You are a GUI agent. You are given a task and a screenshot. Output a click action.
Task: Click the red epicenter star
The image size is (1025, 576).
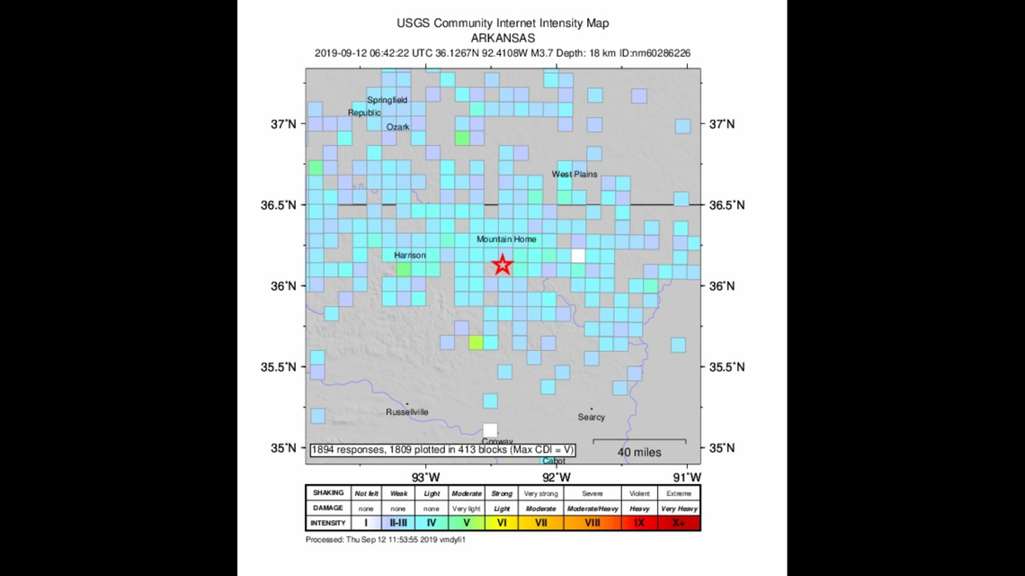tap(503, 265)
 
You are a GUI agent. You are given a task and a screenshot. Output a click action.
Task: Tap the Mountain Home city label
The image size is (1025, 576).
tap(506, 239)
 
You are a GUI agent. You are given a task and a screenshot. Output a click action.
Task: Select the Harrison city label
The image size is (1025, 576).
tap(410, 256)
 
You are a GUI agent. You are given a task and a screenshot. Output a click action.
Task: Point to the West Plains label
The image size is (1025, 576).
tap(575, 175)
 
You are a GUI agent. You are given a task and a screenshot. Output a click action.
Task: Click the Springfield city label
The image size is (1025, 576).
tap(388, 100)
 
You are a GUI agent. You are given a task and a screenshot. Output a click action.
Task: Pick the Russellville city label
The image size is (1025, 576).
tap(407, 412)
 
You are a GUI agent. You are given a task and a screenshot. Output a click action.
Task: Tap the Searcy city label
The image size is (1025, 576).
tap(592, 417)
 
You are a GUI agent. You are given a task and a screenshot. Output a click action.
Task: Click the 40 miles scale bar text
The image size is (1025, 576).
tap(640, 452)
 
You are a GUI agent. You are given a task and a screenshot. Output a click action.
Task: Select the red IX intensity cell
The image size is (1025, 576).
tap(639, 523)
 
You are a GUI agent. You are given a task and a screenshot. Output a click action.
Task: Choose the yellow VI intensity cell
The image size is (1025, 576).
tap(502, 523)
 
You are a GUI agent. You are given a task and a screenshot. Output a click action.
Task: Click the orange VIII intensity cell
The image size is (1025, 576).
tap(593, 523)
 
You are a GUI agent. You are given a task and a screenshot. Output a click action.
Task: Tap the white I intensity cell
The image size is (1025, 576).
tap(367, 523)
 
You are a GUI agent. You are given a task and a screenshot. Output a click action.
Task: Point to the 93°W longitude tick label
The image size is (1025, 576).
tap(425, 476)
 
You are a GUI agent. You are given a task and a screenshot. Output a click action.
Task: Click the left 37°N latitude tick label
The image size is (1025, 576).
tap(285, 124)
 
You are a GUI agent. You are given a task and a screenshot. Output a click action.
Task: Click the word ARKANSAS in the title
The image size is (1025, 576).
tap(503, 39)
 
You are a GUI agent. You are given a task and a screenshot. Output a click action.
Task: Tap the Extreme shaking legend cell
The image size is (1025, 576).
tap(679, 493)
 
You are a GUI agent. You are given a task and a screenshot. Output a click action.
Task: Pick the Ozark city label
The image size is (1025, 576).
tap(398, 128)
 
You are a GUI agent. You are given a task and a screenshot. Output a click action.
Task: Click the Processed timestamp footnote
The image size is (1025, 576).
tap(386, 540)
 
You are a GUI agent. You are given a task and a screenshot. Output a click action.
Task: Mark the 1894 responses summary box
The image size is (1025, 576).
tap(442, 449)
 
